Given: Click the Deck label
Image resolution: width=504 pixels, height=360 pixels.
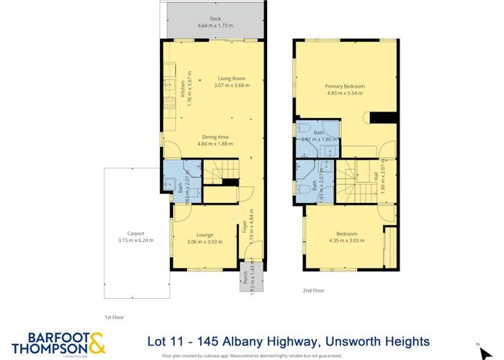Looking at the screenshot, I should click(x=215, y=19).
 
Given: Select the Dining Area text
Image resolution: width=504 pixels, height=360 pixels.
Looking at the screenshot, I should click(x=215, y=136).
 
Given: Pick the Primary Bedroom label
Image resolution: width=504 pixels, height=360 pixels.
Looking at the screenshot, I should click(x=345, y=86).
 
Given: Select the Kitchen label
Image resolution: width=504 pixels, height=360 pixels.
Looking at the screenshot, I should click(x=183, y=89).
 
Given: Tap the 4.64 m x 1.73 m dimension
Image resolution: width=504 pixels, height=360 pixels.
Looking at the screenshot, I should click(x=215, y=26).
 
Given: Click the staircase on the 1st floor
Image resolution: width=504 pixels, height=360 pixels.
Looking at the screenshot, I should click(x=217, y=172).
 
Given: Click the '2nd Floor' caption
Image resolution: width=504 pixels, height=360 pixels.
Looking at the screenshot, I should click(x=314, y=291).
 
